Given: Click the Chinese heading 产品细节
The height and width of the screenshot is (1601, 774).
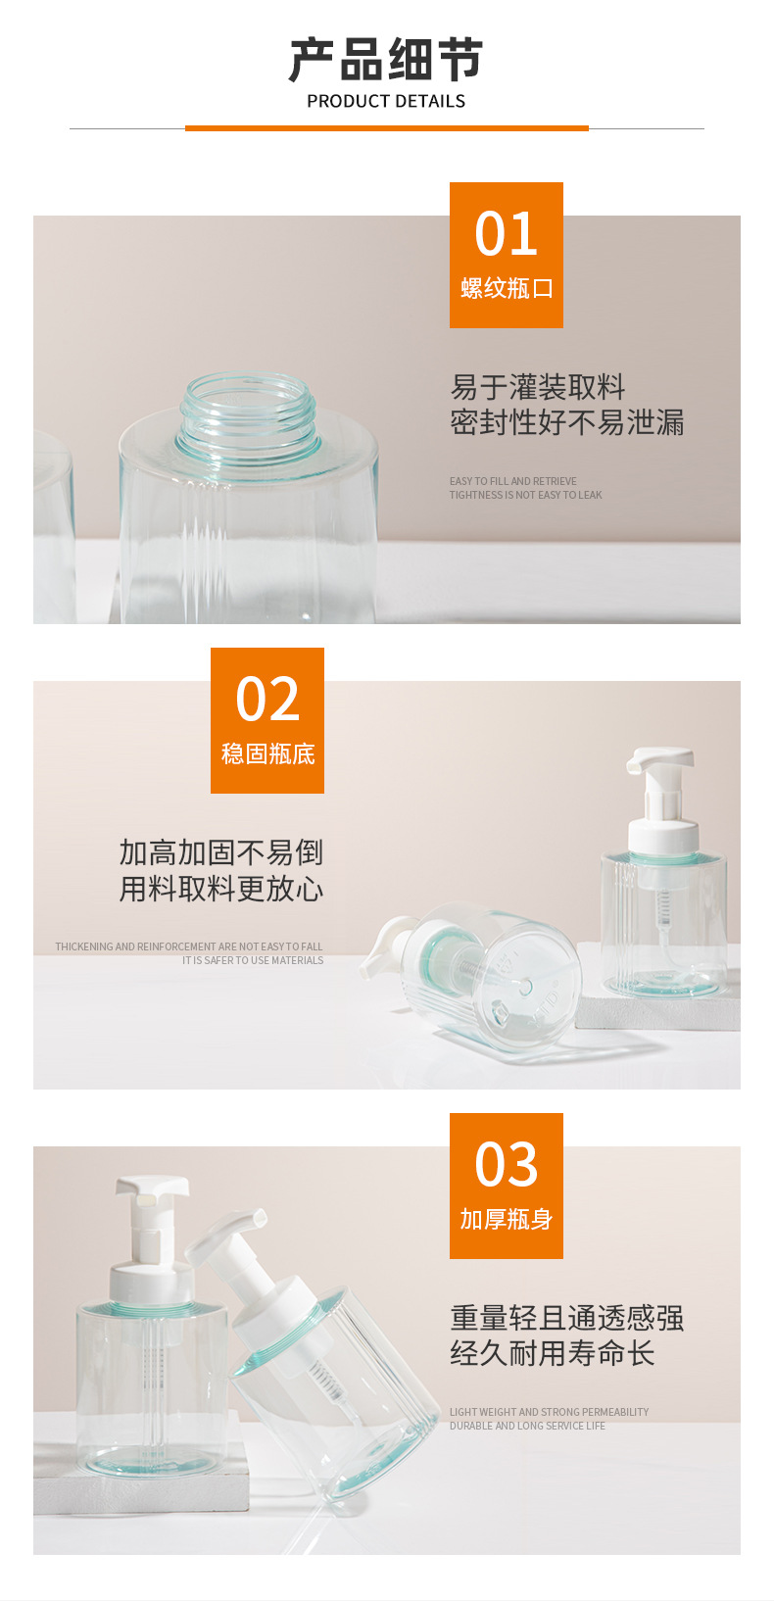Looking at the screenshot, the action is click(386, 60).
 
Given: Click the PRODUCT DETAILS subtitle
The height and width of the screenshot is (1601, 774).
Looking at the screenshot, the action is click(386, 102).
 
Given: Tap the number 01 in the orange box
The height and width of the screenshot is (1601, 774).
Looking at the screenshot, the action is click(506, 234).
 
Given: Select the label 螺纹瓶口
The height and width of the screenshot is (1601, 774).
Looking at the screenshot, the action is click(506, 289).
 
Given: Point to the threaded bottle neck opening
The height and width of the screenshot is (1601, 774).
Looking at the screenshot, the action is click(247, 411).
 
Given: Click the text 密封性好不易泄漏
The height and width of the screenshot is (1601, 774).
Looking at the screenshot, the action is click(566, 422).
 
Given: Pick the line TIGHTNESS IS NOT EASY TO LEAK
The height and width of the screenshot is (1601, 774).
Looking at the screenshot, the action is click(525, 495).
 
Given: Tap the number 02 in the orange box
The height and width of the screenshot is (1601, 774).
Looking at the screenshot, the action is click(267, 699).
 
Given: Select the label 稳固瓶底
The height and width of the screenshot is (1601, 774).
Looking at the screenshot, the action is click(267, 754).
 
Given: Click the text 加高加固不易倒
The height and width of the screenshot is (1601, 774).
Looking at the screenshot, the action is click(220, 852).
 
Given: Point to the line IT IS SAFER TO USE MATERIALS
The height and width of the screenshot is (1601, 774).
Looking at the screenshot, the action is click(253, 960).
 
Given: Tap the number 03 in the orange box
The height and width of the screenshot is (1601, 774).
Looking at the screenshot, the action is click(506, 1164).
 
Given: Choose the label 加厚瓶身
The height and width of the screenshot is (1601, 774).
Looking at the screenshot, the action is click(506, 1219).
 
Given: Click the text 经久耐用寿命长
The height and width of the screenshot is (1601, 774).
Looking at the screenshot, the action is click(552, 1353).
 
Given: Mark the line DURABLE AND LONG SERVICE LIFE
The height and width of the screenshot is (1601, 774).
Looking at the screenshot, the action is click(527, 1426).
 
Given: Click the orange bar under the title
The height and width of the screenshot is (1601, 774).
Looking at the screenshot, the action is click(387, 128).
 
